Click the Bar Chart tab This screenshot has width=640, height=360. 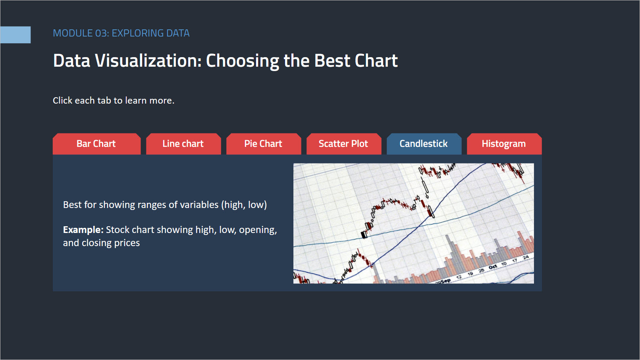[96, 144]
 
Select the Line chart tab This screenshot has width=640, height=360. [183, 144]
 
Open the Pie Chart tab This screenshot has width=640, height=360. [264, 144]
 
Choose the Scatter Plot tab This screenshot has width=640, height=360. [344, 144]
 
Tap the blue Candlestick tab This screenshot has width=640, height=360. [424, 144]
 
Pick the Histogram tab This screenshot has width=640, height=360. [504, 144]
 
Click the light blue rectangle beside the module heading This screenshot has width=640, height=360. [15, 35]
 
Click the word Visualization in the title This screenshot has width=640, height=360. [148, 61]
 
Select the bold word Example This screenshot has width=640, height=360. [83, 230]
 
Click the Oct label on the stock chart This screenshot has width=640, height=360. [493, 267]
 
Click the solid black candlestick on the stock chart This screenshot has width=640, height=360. [364, 235]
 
